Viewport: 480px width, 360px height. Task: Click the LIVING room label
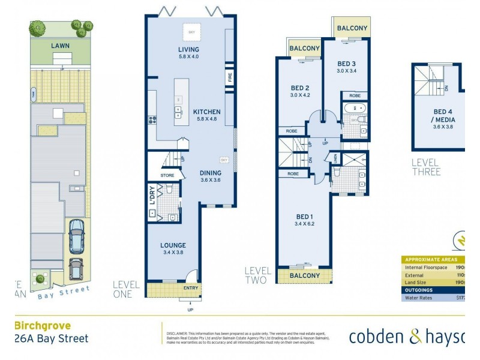(188, 49)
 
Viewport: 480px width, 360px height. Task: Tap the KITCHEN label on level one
(206, 112)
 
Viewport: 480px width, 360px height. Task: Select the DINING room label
(211, 173)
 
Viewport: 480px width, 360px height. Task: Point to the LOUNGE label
(173, 245)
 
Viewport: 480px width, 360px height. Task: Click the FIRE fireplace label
(229, 77)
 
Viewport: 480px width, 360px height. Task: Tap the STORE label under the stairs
(167, 176)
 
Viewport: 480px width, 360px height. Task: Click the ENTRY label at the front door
(191, 288)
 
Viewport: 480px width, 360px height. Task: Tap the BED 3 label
(346, 64)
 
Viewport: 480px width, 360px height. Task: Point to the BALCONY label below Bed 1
(305, 275)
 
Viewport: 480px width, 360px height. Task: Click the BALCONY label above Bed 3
(352, 28)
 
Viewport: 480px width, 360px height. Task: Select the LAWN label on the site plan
(59, 45)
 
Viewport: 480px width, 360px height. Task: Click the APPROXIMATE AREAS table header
(433, 259)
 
